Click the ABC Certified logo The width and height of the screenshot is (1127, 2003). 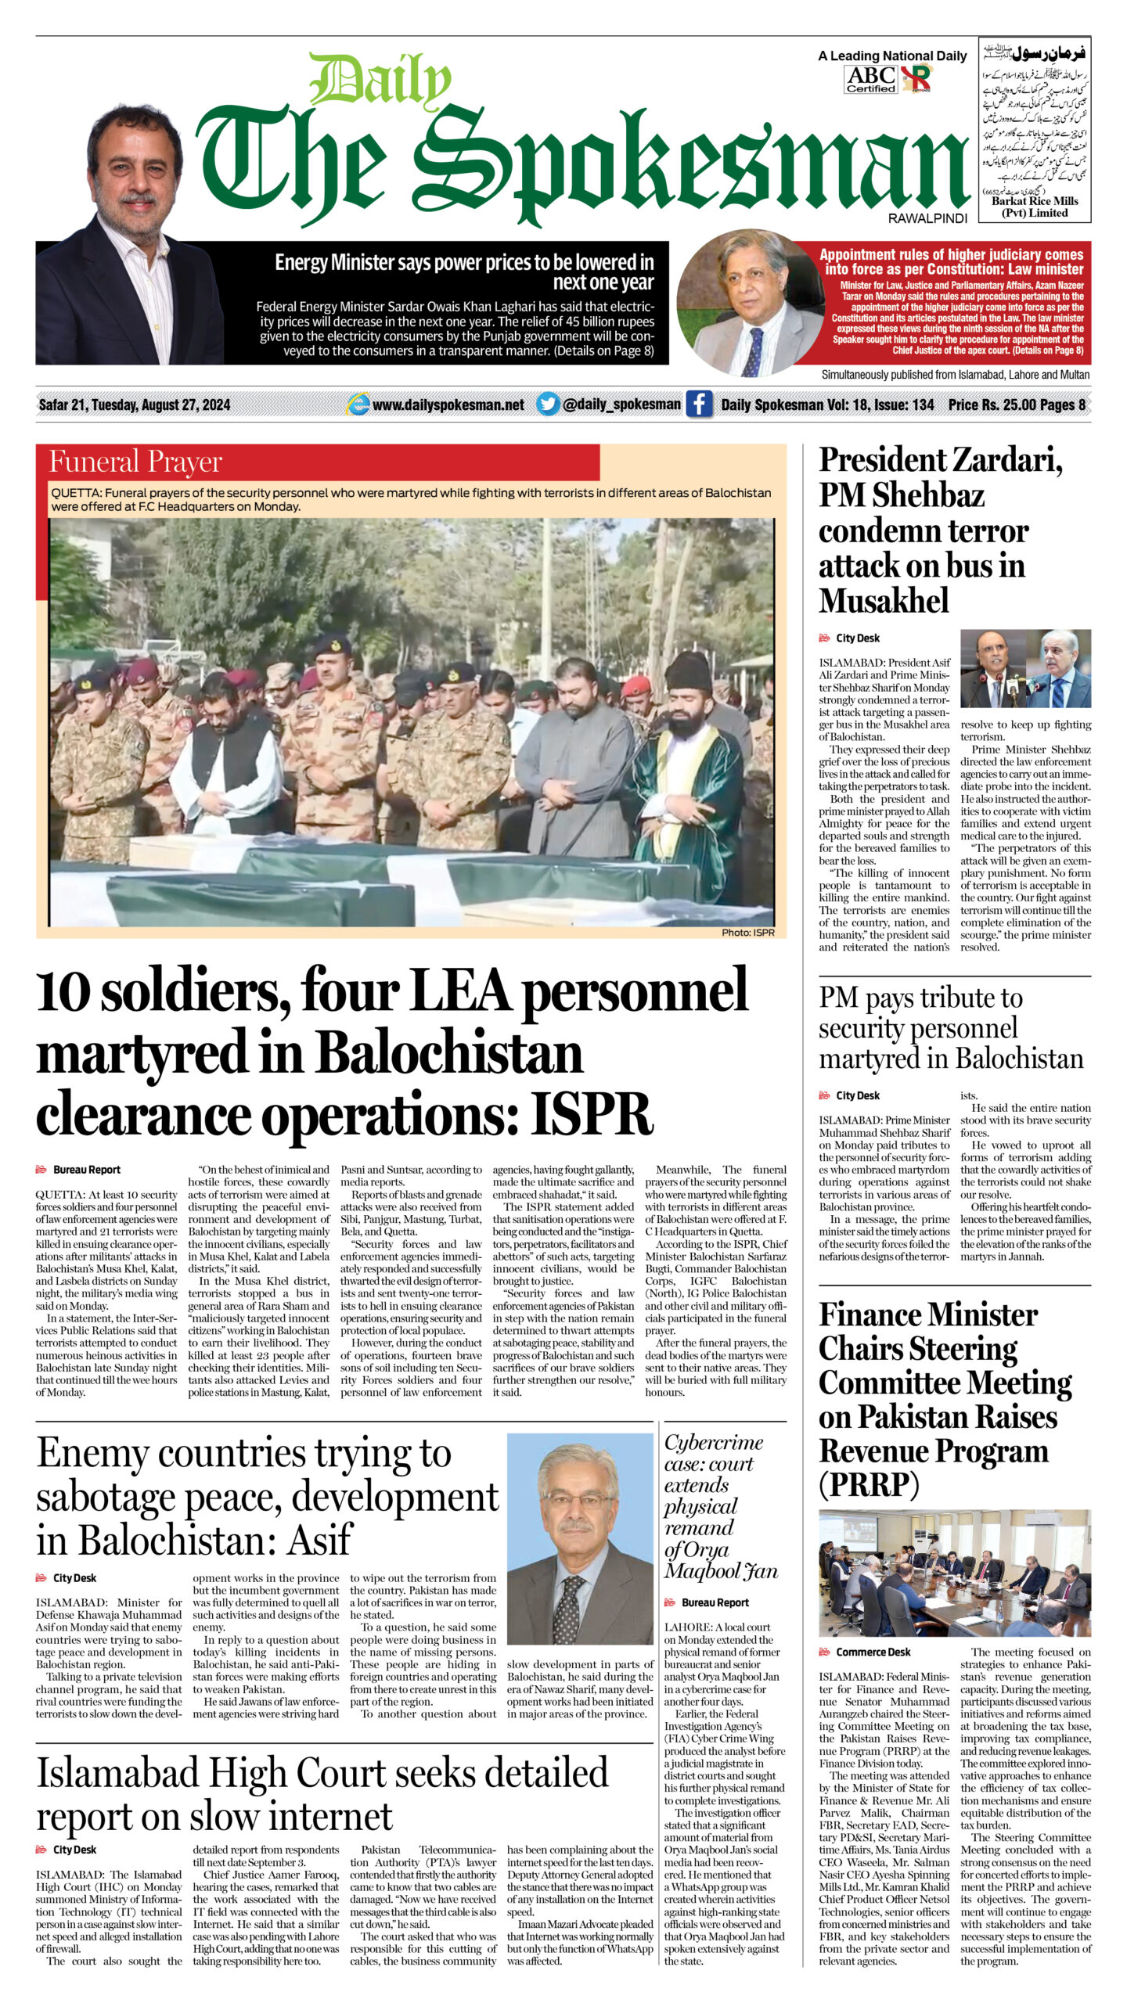[870, 79]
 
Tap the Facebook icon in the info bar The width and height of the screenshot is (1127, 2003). [699, 404]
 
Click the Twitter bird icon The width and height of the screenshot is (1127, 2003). [547, 404]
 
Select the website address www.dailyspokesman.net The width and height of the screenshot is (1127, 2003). [448, 405]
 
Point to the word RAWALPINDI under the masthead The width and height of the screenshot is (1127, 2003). [927, 218]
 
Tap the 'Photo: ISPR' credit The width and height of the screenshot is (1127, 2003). [747, 933]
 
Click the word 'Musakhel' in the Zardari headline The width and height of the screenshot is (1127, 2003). [884, 601]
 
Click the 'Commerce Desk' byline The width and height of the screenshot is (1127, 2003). [873, 1652]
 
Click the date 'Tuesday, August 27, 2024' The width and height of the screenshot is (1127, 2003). [160, 405]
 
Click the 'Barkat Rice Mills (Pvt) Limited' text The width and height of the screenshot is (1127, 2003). [1035, 207]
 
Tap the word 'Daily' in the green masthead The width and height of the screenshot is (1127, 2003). [380, 81]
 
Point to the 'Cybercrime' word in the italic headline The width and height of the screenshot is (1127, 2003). [713, 1442]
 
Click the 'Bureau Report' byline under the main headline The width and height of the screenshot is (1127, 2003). [86, 1170]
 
